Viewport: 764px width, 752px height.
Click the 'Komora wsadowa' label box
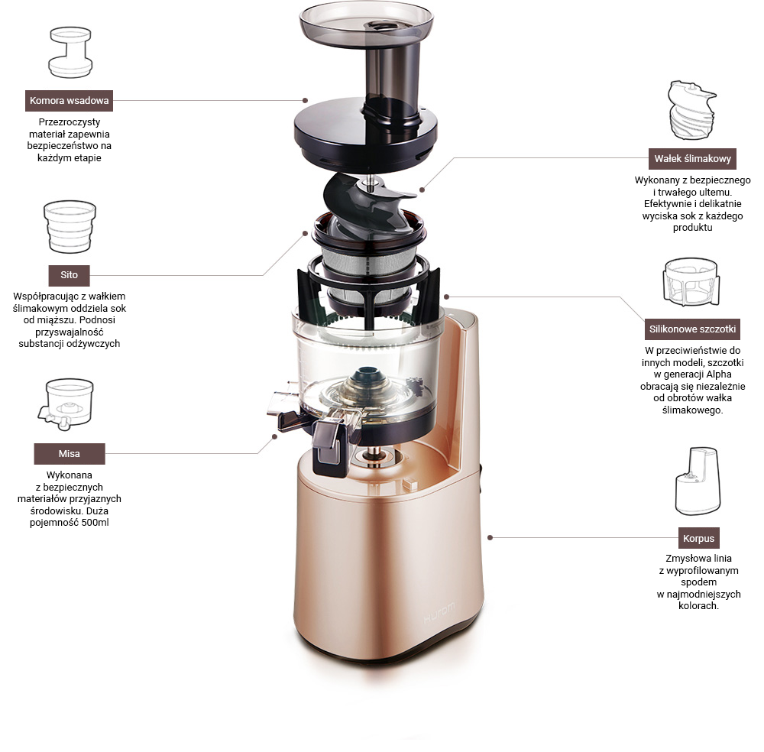click(70, 101)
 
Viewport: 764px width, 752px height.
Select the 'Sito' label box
click(70, 275)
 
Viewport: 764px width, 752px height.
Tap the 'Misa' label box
click(70, 454)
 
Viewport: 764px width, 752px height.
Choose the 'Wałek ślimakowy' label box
click(692, 159)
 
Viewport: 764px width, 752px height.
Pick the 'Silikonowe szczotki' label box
click(692, 329)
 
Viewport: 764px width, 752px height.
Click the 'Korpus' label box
click(698, 538)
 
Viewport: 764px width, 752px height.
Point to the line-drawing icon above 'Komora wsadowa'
click(70, 52)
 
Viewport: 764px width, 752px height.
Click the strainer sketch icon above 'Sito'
click(70, 227)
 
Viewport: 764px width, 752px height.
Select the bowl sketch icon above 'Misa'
click(66, 404)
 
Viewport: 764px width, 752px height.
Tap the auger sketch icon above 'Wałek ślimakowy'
click(691, 110)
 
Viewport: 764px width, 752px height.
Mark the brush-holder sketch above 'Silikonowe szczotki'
click(691, 282)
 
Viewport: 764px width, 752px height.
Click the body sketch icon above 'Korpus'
click(698, 481)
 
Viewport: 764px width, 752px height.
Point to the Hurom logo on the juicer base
click(439, 612)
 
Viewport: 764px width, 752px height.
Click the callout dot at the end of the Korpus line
click(490, 537)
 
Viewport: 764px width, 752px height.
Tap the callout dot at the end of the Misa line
click(275, 436)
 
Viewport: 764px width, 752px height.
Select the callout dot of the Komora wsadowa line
click(305, 100)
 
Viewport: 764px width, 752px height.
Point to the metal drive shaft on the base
click(374, 455)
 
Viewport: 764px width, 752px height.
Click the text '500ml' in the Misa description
click(95, 523)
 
